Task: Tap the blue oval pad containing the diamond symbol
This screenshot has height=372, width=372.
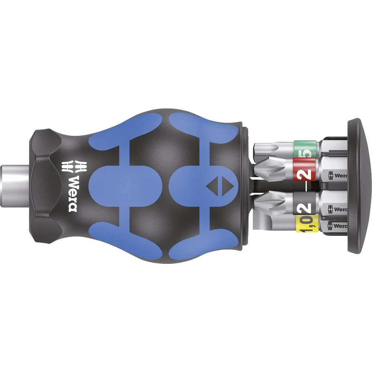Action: pos(197,186)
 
